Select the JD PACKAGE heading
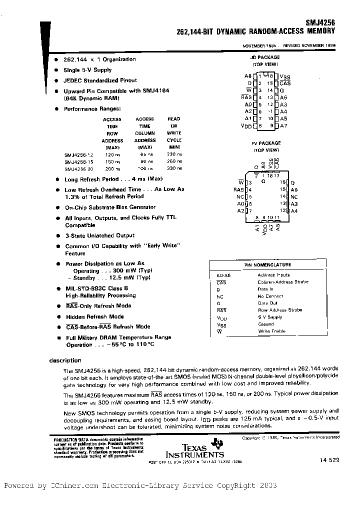click(265, 58)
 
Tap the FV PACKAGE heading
click(265, 143)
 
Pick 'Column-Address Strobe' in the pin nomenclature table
click(283, 282)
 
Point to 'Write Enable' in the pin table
click(272, 331)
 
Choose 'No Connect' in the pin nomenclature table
click(270, 296)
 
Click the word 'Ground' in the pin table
click(265, 324)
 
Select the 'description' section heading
click(65, 360)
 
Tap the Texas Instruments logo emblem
click(217, 442)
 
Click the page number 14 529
click(328, 459)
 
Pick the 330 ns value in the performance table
click(174, 169)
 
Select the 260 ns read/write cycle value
click(174, 162)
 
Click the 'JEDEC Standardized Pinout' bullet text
click(100, 80)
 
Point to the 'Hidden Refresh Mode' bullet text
click(94, 316)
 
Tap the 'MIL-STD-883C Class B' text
click(96, 288)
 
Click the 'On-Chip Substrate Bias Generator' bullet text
click(110, 207)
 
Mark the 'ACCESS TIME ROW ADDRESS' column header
click(112, 133)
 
